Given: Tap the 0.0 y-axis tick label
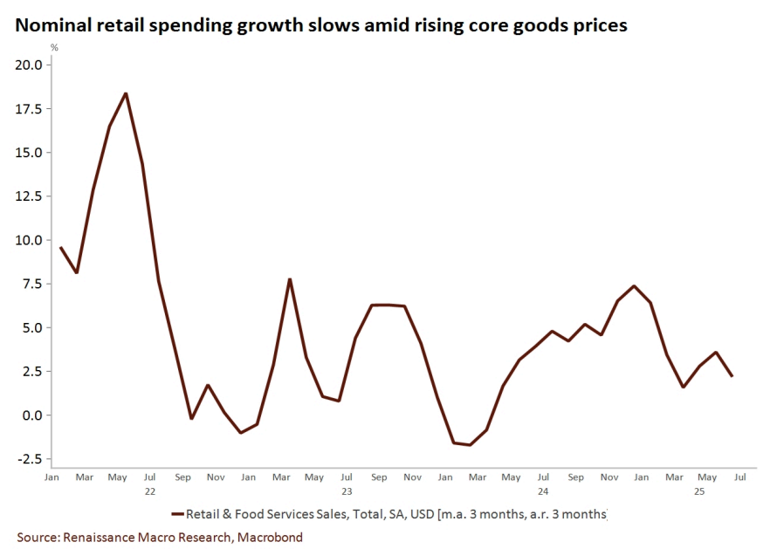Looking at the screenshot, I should tap(31, 415).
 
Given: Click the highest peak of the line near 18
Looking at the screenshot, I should tap(126, 93).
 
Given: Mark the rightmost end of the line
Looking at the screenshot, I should tap(732, 376).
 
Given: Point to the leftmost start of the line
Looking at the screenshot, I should tap(60, 248).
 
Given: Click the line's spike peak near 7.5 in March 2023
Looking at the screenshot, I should tap(290, 279).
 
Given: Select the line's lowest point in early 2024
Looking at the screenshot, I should tap(471, 445).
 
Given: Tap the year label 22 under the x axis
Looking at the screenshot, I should tap(149, 491).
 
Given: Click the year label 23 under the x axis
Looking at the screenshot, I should tap(347, 491).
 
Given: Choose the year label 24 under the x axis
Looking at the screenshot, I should tap(543, 491).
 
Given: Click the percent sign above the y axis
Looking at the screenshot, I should tap(54, 47).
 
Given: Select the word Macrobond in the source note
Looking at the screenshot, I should tap(271, 537).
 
